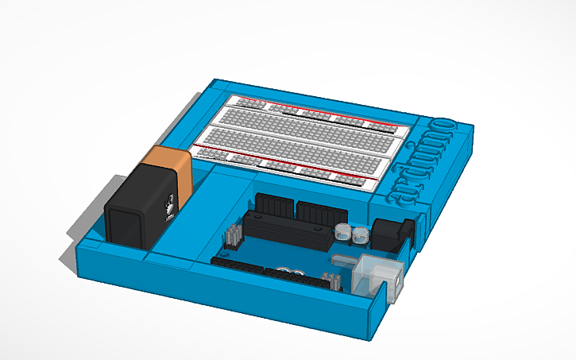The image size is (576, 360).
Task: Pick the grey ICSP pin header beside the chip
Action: tap(234, 235)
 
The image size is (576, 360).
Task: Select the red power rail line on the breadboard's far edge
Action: tap(318, 106)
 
